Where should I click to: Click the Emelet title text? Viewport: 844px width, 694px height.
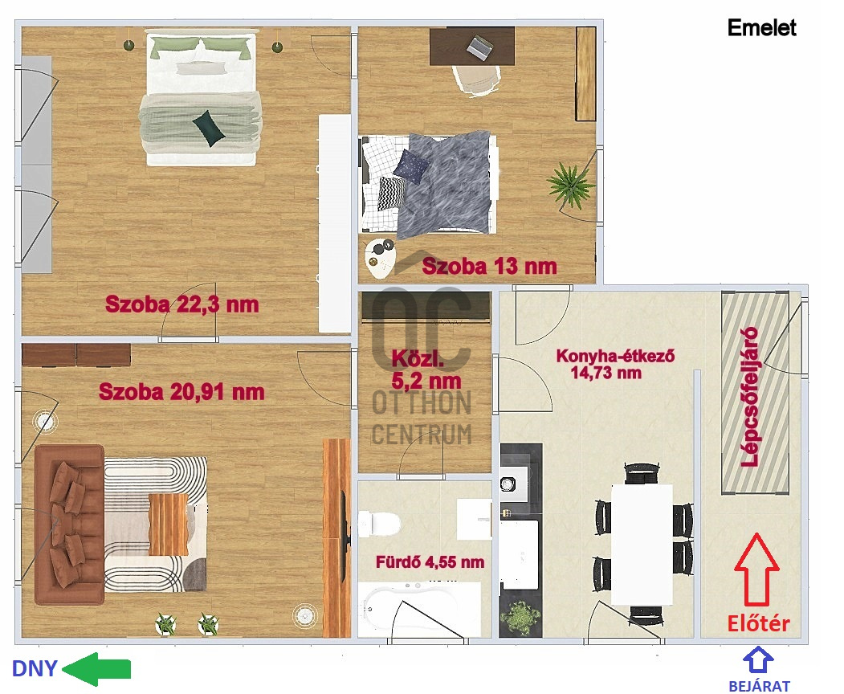761,28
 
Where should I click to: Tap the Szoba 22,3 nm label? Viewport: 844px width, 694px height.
182,305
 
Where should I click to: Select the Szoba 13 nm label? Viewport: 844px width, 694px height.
489,266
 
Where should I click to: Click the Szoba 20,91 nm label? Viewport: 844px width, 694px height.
181,392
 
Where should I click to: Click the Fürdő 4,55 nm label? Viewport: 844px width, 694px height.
430,562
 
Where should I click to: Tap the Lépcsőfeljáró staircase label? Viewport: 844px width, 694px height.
752,396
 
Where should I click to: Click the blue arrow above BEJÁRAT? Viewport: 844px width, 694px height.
759,661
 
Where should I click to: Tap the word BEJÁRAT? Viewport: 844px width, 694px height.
759,686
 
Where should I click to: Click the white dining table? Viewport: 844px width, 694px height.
642,545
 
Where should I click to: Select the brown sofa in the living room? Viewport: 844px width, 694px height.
67,524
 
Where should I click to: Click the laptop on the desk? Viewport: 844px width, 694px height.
479,47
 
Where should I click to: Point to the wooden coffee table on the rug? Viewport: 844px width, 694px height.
168,524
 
